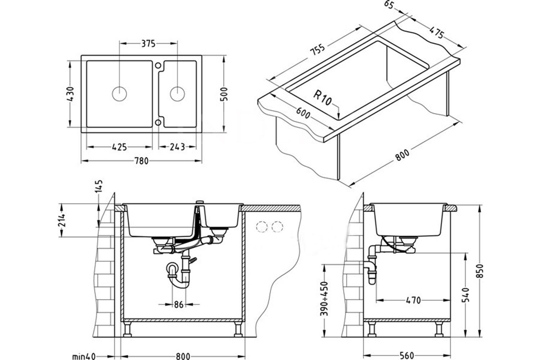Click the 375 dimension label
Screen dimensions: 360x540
tap(148, 44)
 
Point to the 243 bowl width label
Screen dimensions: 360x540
tap(177, 147)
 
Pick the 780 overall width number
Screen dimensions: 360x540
tap(141, 161)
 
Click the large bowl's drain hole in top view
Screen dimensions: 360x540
tap(120, 94)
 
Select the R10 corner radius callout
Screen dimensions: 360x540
tap(323, 98)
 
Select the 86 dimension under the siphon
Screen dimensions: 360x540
tap(179, 304)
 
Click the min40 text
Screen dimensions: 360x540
tap(84, 356)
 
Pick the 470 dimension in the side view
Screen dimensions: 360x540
tap(413, 300)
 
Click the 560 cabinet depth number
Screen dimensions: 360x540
tap(407, 356)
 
